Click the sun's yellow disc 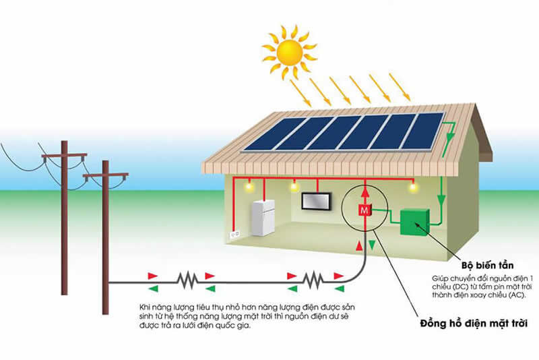(x=290, y=50)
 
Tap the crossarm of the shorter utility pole (x=105, y=176)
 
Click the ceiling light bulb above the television (x=293, y=185)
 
